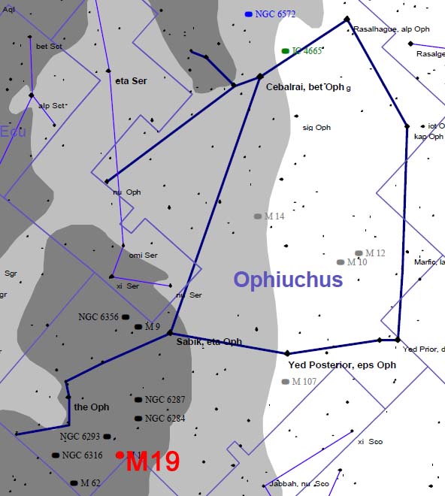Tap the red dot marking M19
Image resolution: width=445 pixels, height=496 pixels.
click(120, 455)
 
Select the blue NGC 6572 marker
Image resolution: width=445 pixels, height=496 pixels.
click(249, 14)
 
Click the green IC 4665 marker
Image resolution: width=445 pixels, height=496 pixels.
click(286, 51)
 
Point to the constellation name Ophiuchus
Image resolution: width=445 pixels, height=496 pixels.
click(288, 280)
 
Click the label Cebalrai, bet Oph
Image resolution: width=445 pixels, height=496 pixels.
click(305, 87)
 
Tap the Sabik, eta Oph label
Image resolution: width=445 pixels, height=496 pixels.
click(209, 342)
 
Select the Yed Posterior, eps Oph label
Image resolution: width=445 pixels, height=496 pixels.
click(342, 365)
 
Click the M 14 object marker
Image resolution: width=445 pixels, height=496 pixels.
click(257, 216)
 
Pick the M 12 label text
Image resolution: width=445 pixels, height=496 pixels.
click(375, 253)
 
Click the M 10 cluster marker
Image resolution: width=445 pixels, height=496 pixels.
click(341, 262)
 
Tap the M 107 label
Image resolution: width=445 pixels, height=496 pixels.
click(304, 382)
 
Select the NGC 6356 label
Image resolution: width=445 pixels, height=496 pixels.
click(98, 317)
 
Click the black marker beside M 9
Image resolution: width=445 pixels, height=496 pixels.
click(138, 327)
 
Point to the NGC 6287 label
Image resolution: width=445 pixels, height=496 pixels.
click(165, 400)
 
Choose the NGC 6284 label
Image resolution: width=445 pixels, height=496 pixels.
click(165, 419)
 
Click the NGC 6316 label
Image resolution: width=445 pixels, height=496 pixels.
click(82, 455)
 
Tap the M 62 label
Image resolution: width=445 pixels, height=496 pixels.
click(90, 482)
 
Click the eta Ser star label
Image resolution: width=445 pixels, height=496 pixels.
click(132, 80)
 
